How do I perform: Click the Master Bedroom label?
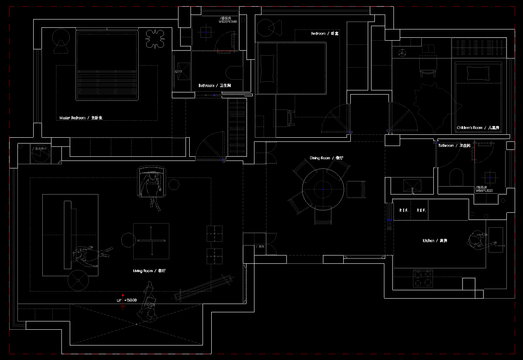coord(81,118)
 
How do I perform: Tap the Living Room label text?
coord(149,271)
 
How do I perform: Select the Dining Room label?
coord(326,158)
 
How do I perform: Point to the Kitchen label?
coord(435,241)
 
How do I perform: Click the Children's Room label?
coord(477,128)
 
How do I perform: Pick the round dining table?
coord(323,189)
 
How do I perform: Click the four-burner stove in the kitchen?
coord(423,278)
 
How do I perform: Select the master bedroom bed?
coord(107,65)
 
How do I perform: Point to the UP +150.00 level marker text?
coord(127,300)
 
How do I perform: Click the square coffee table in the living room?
coord(151,241)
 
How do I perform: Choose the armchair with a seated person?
coord(152,182)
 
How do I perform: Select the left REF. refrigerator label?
coord(404,211)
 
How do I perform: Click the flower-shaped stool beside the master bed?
coord(155,39)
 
